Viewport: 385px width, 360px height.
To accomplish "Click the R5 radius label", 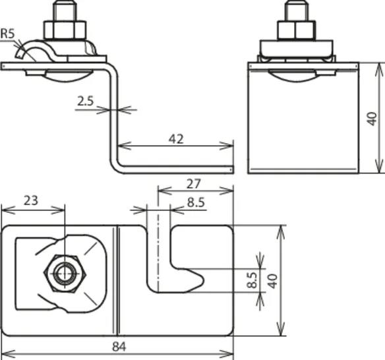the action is pyautogui.click(x=8, y=34).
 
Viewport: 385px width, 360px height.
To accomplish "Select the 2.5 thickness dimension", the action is pyautogui.click(x=86, y=101).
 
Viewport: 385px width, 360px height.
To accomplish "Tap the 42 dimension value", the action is pyautogui.click(x=176, y=139).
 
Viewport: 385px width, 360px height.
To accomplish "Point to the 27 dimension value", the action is pyautogui.click(x=193, y=184).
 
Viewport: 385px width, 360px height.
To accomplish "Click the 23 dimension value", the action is pyautogui.click(x=31, y=200).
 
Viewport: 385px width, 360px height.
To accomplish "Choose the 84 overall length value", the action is pyautogui.click(x=119, y=347).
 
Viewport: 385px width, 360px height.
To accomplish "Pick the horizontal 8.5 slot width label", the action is pyautogui.click(x=196, y=202).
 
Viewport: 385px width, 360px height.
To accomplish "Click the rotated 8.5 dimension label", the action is pyautogui.click(x=252, y=280).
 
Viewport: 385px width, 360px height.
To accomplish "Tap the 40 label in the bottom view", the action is pyautogui.click(x=272, y=281).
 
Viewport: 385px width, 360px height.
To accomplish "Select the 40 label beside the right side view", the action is pyautogui.click(x=372, y=119).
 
